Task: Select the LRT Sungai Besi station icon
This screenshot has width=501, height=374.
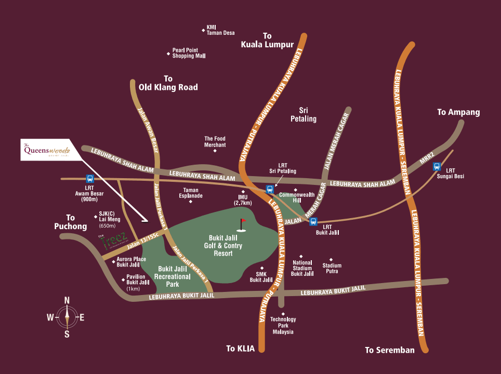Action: tap(437, 167)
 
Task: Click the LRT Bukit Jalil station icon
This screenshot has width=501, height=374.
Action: tap(313, 222)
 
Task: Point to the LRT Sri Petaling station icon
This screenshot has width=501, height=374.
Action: tap(270, 189)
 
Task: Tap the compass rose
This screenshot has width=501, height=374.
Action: tap(67, 317)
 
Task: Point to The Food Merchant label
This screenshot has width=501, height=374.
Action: tap(215, 142)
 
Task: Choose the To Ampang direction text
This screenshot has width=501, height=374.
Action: tap(458, 112)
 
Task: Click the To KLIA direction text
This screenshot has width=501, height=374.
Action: tap(241, 349)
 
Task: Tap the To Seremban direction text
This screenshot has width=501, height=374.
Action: tap(390, 350)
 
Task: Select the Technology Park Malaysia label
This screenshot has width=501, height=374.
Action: tap(283, 326)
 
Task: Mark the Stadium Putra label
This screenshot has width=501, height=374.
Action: tap(332, 268)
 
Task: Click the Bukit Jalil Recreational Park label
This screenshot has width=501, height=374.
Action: tap(174, 276)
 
